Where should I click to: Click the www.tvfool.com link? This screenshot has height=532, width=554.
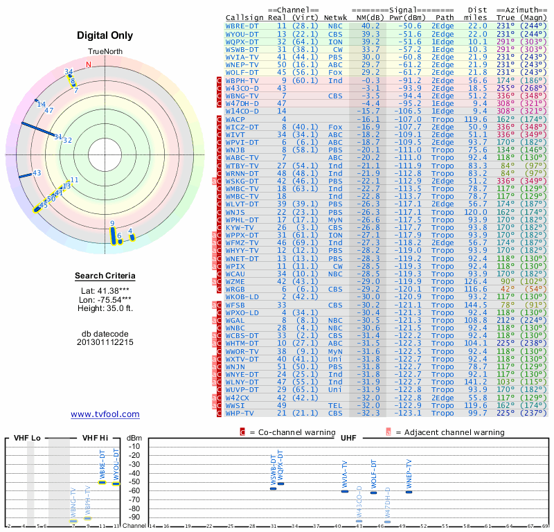click(105, 414)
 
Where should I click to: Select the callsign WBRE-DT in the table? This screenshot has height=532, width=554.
click(242, 26)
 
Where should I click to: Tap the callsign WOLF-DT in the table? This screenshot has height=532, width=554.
click(242, 71)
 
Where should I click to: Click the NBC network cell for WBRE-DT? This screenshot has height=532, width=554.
click(336, 26)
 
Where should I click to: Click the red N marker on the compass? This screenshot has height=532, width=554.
click(88, 65)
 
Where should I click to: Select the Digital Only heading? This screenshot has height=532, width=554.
click(105, 35)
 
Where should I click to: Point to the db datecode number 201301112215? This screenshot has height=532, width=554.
click(105, 342)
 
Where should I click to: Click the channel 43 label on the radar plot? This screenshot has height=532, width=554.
click(37, 172)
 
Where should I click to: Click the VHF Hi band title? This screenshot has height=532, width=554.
click(96, 438)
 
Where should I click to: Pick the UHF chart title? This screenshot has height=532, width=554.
click(350, 438)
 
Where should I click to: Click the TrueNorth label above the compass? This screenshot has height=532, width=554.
click(105, 52)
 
